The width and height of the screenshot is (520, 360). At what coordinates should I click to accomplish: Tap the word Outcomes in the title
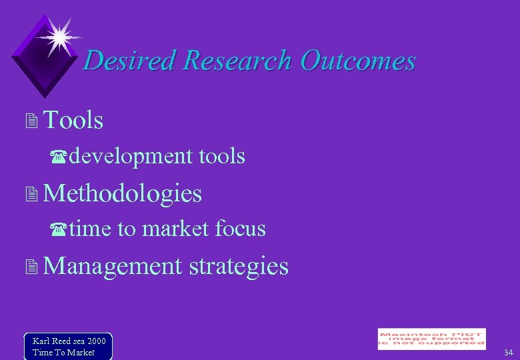tap(357, 61)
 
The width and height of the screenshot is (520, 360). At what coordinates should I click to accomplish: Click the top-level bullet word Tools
tap(73, 121)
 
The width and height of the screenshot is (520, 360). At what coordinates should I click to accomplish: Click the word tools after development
tap(222, 157)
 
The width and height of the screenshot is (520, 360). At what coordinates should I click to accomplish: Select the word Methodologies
tap(122, 193)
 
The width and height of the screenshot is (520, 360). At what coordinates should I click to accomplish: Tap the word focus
tap(241, 229)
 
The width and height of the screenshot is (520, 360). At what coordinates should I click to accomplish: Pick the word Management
tap(112, 266)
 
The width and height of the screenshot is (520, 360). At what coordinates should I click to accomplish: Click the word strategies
tap(239, 266)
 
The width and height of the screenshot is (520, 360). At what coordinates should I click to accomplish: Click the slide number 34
tap(508, 352)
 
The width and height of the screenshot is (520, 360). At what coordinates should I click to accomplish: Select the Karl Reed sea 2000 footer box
tap(68, 346)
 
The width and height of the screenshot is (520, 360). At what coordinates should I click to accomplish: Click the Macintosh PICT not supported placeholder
tap(431, 339)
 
